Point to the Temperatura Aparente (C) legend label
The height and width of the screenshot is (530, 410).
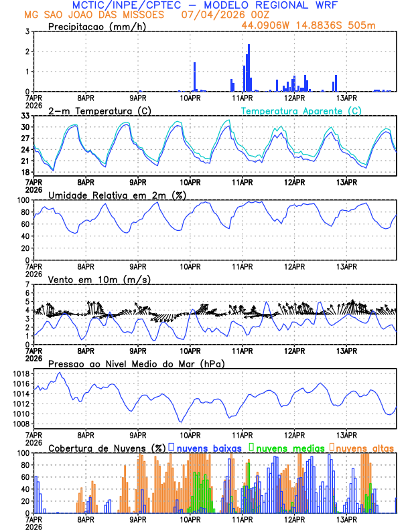(x=301, y=110)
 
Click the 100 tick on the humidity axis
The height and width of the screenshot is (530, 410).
(x=23, y=200)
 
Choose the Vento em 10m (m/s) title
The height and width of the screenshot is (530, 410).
(x=99, y=279)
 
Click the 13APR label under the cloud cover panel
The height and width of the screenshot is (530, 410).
(x=346, y=519)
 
